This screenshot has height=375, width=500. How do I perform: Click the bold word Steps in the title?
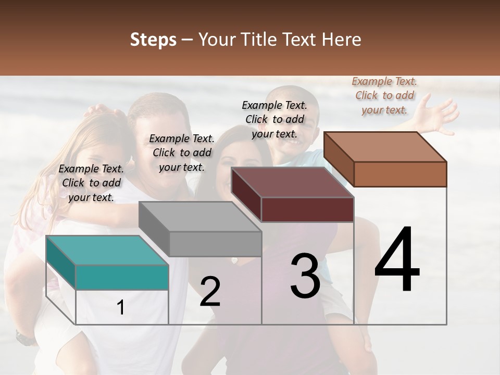153,40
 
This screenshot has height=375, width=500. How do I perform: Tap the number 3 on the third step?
305,276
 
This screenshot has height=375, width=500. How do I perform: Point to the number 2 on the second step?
210,291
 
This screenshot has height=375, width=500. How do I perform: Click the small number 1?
121,307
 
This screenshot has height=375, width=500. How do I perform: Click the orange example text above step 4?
384,95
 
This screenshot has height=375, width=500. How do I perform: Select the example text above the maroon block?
274,119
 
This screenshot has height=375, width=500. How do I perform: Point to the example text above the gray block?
182,153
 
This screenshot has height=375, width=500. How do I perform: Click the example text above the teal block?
91,183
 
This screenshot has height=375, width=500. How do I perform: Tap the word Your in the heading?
217,40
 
